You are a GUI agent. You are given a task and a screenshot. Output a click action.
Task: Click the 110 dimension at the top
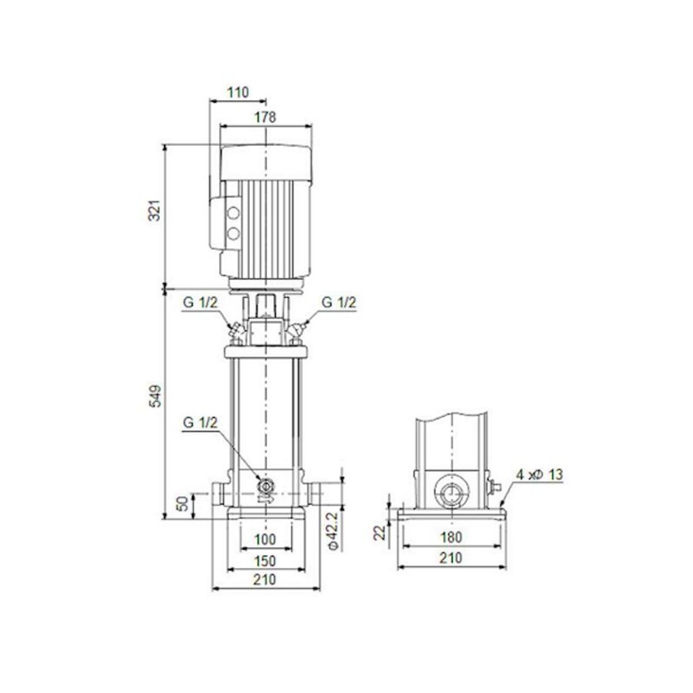tap(239, 92)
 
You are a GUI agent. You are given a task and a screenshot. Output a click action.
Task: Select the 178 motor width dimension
tap(266, 117)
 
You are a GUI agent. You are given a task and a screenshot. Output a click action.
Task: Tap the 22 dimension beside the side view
tap(379, 531)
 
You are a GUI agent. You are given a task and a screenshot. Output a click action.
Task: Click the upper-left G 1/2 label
tap(200, 303)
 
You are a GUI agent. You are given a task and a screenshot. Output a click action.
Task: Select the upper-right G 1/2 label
tap(339, 303)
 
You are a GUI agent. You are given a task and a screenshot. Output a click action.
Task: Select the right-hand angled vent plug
tap(297, 330)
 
